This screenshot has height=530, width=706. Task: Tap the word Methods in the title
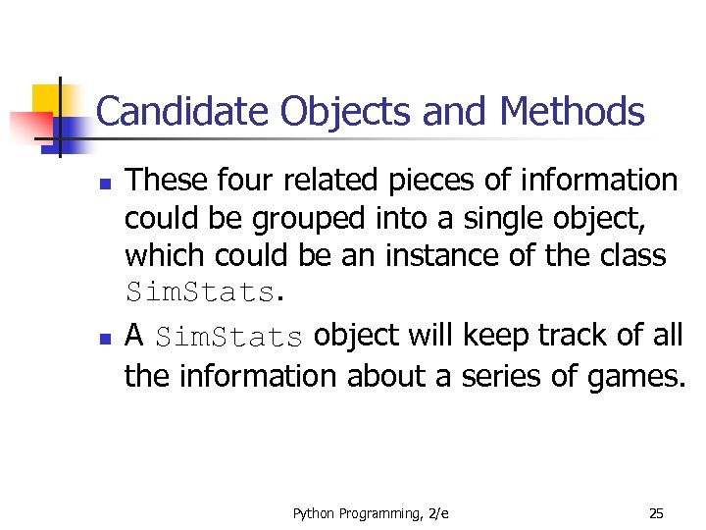573,112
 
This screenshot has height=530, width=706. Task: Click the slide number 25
656,513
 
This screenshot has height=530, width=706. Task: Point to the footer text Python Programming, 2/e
371,513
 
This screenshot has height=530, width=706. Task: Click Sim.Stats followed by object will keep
228,337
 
